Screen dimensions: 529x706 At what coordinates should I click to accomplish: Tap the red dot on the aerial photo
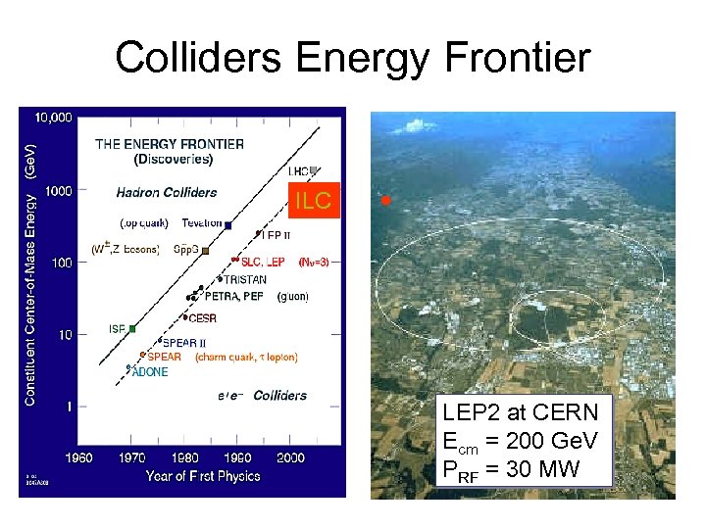386,200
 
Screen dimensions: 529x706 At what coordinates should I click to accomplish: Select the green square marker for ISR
132,328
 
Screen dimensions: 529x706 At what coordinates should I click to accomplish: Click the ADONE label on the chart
150,372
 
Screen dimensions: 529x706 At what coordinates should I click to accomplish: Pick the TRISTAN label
238,279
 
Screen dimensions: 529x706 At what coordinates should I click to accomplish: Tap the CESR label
202,318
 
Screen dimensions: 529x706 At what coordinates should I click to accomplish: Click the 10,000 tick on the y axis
53,118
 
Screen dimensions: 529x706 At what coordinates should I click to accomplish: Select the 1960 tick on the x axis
78,457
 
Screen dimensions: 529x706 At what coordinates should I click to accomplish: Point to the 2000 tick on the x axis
290,457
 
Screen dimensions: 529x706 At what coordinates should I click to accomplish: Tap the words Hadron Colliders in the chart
167,192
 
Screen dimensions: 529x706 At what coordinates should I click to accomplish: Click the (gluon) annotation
292,296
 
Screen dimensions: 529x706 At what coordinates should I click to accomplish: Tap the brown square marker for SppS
206,251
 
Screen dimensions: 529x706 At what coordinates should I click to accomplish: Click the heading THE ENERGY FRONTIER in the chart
170,144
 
